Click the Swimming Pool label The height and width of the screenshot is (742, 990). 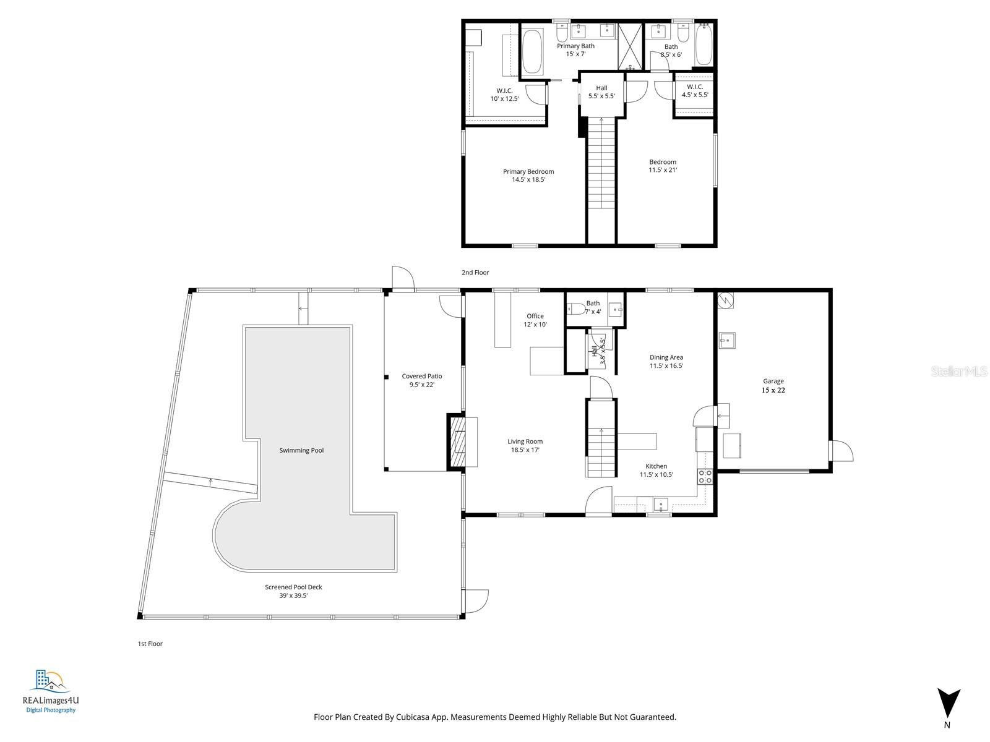(301, 450)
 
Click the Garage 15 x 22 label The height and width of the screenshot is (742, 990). (773, 386)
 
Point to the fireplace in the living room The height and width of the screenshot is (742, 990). (458, 442)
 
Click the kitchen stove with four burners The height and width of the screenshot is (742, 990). (705, 476)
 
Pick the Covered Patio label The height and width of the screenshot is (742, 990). (422, 380)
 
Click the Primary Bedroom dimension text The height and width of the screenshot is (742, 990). (528, 180)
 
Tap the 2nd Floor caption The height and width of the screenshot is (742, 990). (475, 273)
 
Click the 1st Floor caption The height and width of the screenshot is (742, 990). (150, 644)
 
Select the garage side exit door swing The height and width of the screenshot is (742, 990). (841, 450)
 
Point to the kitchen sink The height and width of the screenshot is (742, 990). (661, 505)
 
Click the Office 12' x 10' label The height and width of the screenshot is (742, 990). (535, 320)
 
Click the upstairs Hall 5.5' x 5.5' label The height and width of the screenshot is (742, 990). (601, 92)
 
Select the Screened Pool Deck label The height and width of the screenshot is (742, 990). (293, 591)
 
